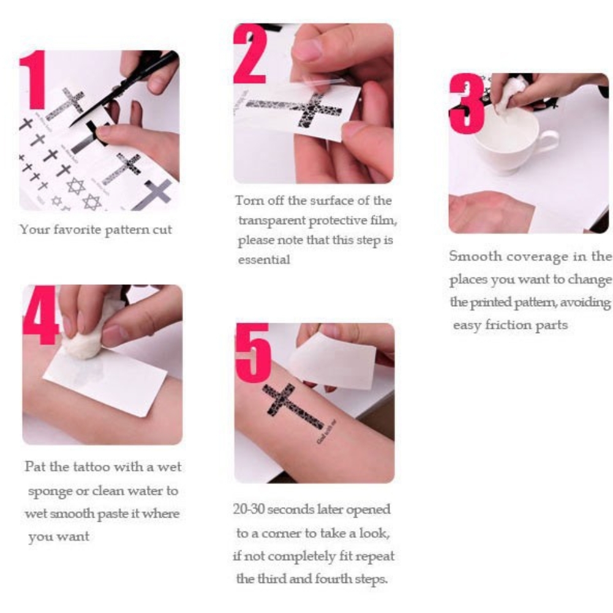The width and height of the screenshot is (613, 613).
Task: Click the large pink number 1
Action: pos(34,80)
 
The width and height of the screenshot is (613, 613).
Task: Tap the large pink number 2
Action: pos(250,54)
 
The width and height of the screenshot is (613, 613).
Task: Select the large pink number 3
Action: pos(467,103)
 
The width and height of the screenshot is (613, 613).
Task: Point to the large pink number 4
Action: pos(40,315)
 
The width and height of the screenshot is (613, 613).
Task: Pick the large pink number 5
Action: pos(252,353)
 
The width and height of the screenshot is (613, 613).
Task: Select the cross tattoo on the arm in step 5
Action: pos(294,407)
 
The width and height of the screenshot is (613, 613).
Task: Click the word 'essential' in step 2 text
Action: pos(264,260)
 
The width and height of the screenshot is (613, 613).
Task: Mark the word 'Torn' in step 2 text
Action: pos(247,200)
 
